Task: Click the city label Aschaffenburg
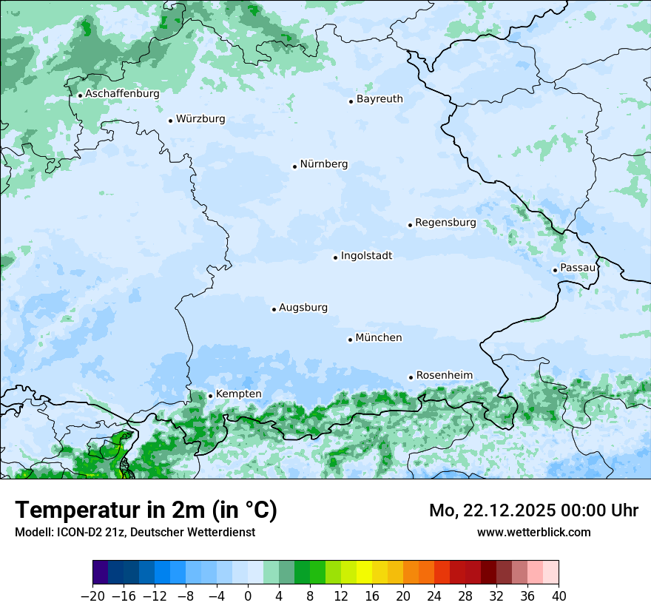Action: pos(122,94)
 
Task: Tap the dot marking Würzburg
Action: pos(170,121)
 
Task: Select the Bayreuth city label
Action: pos(380,99)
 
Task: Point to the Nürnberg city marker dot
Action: pos(294,166)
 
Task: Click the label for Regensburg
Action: pos(445,223)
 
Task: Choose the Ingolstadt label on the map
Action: pos(366,256)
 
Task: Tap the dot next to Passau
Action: pos(555,270)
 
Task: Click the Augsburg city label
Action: pos(303,308)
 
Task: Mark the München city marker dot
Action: pos(350,340)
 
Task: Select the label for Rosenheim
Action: pos(444,376)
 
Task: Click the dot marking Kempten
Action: pos(210,396)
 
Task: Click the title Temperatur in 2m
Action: pos(146,510)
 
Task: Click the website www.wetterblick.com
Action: pos(533,533)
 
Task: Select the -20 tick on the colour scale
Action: pos(92,596)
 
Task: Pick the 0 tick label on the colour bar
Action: pos(248,596)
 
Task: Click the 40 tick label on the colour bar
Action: pos(559,596)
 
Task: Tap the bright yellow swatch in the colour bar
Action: pos(364,573)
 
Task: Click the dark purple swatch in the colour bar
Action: pos(101,573)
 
